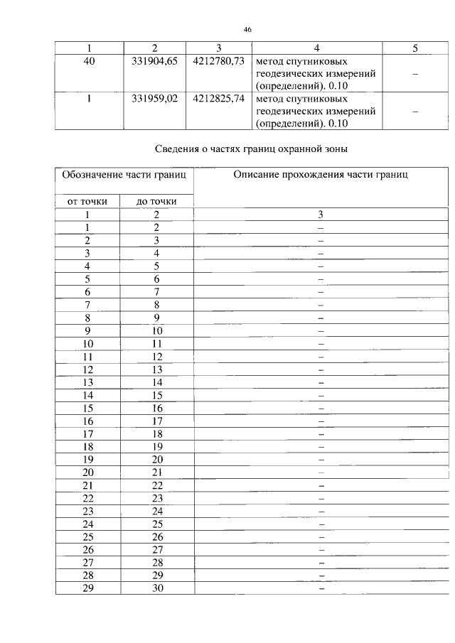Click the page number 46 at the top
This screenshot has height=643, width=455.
tap(247, 30)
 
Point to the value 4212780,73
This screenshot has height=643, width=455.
tap(218, 61)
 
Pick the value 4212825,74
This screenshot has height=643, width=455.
tap(218, 99)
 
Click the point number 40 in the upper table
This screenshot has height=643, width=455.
tap(90, 61)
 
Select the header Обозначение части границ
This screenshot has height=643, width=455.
tap(124, 175)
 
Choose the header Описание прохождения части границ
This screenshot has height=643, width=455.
tap(321, 175)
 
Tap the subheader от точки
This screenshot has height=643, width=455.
tap(87, 201)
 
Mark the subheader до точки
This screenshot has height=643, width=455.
tap(157, 201)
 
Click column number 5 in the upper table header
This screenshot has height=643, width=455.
tap(415, 48)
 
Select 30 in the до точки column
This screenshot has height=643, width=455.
tap(157, 589)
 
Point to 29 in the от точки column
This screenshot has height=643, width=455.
tap(88, 589)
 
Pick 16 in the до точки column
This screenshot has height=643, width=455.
tap(157, 408)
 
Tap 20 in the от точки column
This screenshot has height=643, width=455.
tap(88, 472)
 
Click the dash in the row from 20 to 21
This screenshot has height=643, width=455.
tap(321, 472)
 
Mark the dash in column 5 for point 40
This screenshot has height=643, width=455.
tap(415, 74)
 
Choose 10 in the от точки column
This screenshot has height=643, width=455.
tap(88, 343)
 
